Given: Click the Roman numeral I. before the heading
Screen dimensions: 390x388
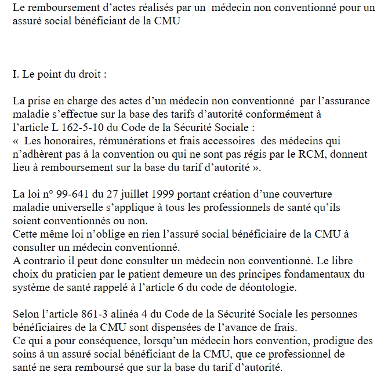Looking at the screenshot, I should [16, 75].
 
